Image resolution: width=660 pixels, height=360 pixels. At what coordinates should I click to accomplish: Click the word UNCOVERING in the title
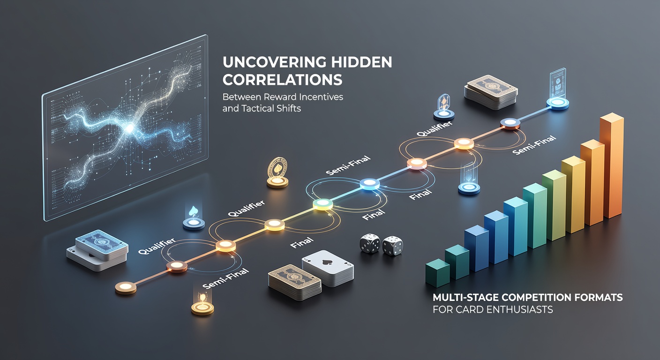click(x=274, y=62)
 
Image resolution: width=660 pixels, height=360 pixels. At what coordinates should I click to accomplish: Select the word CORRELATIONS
click(x=283, y=80)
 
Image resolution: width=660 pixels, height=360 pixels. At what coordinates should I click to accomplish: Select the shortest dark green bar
click(x=437, y=273)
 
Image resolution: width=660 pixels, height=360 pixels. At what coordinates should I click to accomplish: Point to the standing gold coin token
click(x=277, y=172)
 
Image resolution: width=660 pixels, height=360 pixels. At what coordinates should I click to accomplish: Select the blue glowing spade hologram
click(x=194, y=211)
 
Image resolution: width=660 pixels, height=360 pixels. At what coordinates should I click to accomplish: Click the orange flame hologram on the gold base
click(x=202, y=297)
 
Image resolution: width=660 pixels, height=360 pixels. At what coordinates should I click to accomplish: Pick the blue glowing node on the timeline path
click(x=369, y=184)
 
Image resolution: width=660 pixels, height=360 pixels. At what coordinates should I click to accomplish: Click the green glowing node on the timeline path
click(x=322, y=204)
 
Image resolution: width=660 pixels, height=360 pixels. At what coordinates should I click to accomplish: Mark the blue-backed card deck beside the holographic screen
click(x=98, y=250)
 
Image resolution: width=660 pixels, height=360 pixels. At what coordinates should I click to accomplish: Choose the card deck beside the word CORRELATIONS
click(x=491, y=92)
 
